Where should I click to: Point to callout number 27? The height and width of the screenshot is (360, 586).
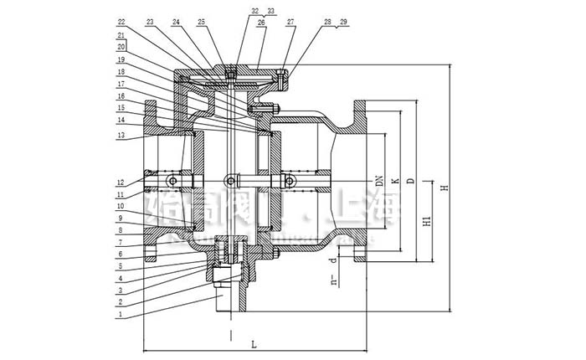[x=290, y=23]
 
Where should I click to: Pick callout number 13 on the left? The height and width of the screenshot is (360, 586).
[x=121, y=136]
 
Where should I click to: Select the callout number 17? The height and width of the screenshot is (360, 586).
[x=121, y=85]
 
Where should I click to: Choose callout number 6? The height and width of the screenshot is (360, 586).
[x=121, y=254]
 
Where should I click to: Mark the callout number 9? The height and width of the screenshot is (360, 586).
[x=121, y=217]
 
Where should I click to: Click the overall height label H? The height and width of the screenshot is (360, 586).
[x=446, y=186]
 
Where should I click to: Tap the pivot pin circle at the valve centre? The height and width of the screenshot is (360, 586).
[x=230, y=178]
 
